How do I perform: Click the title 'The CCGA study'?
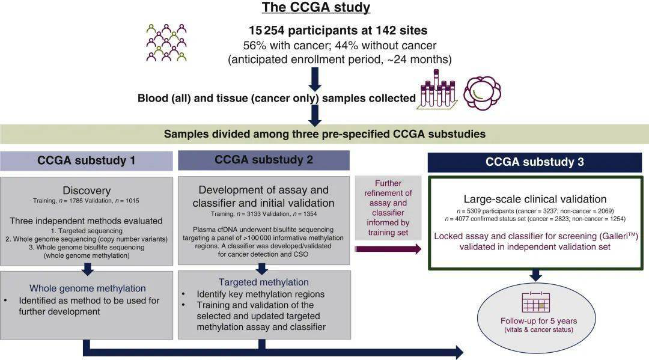316,7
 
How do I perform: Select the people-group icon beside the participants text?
166,43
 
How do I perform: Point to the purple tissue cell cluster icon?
482,93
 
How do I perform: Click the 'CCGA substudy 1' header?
86,160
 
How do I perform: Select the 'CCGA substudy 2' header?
264,160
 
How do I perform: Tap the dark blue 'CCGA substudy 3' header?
535,162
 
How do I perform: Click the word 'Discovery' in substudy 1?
87,191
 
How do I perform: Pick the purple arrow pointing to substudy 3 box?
388,249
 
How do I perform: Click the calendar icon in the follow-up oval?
536,302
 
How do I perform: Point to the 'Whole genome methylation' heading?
87,288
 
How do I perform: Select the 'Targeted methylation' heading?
264,282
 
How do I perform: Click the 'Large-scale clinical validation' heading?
535,199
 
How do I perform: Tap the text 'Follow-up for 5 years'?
538,321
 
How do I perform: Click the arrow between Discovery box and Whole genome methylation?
88,269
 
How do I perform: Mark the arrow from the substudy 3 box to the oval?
535,275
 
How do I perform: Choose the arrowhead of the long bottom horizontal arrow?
460,352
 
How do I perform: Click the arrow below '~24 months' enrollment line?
315,79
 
